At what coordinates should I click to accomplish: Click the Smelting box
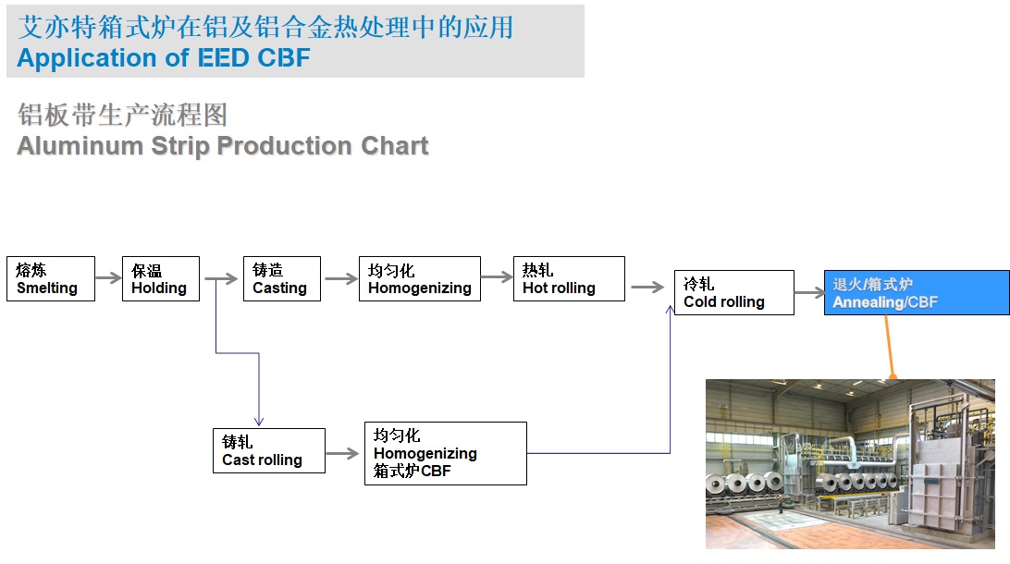pyautogui.click(x=51, y=279)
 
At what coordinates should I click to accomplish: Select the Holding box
pyautogui.click(x=161, y=279)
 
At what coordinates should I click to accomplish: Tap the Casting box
pyautogui.click(x=282, y=279)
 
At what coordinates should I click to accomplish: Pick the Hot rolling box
pyautogui.click(x=570, y=279)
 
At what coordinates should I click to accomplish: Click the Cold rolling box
pyautogui.click(x=734, y=292)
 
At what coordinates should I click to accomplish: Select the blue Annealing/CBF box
pyautogui.click(x=917, y=292)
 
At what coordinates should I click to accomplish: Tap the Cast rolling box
pyautogui.click(x=269, y=450)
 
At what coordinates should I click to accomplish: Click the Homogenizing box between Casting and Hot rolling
pyautogui.click(x=420, y=279)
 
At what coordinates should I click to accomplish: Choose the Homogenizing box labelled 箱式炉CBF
pyautogui.click(x=446, y=453)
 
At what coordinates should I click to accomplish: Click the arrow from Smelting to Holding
pyautogui.click(x=109, y=278)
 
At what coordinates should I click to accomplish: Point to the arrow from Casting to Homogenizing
pyautogui.click(x=341, y=279)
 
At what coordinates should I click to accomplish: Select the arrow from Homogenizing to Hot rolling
pyautogui.click(x=497, y=277)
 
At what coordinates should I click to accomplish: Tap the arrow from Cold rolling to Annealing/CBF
pyautogui.click(x=809, y=293)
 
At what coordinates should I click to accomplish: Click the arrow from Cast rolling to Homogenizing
pyautogui.click(x=342, y=453)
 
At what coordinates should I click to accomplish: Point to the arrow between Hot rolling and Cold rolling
pyautogui.click(x=647, y=288)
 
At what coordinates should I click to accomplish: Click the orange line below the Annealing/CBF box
pyautogui.click(x=889, y=347)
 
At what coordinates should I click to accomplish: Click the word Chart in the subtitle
pyautogui.click(x=395, y=146)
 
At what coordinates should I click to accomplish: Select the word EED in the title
pyautogui.click(x=224, y=58)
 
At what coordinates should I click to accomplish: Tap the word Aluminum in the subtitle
pyautogui.click(x=80, y=146)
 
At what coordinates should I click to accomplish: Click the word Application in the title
pyautogui.click(x=87, y=58)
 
